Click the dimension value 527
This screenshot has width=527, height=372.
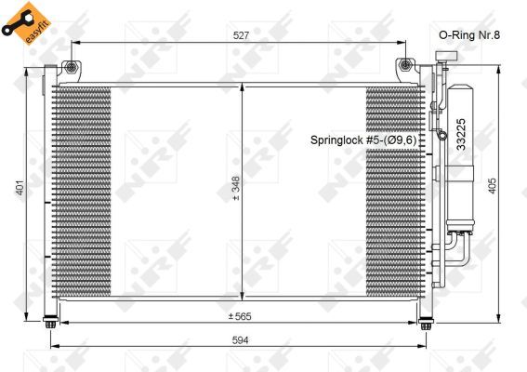pyautogui.click(x=242, y=34)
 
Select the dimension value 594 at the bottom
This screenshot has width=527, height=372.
pyautogui.click(x=242, y=340)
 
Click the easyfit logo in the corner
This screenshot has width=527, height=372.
pyautogui.click(x=24, y=21)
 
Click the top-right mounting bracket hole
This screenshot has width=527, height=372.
pyautogui.click(x=406, y=66)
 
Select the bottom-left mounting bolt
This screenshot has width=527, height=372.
pyautogui.click(x=49, y=324)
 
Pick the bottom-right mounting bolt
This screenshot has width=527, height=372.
pyautogui.click(x=426, y=324)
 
